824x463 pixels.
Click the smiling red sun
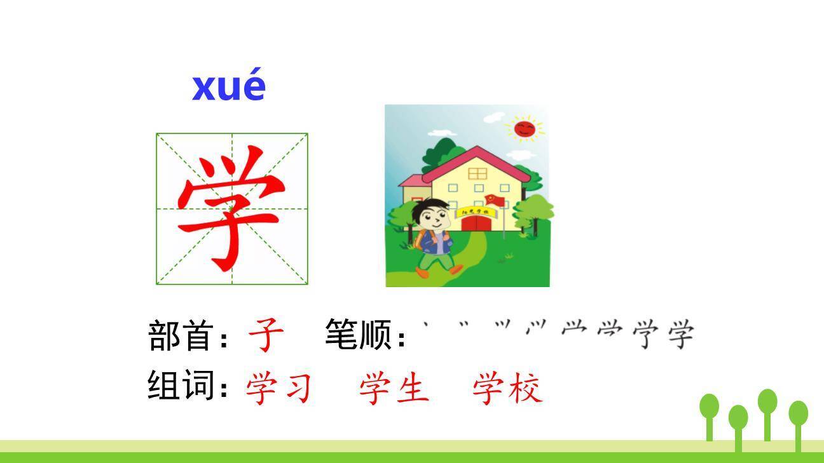[525, 129]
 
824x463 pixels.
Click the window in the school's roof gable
[477, 173]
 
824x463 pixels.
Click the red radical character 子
[266, 335]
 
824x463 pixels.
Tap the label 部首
[179, 335]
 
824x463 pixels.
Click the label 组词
[179, 385]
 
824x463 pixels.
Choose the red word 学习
[278, 388]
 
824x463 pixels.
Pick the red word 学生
[394, 388]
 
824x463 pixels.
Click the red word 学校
[507, 388]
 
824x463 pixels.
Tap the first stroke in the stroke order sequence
[427, 326]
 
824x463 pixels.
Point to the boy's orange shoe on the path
[422, 271]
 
